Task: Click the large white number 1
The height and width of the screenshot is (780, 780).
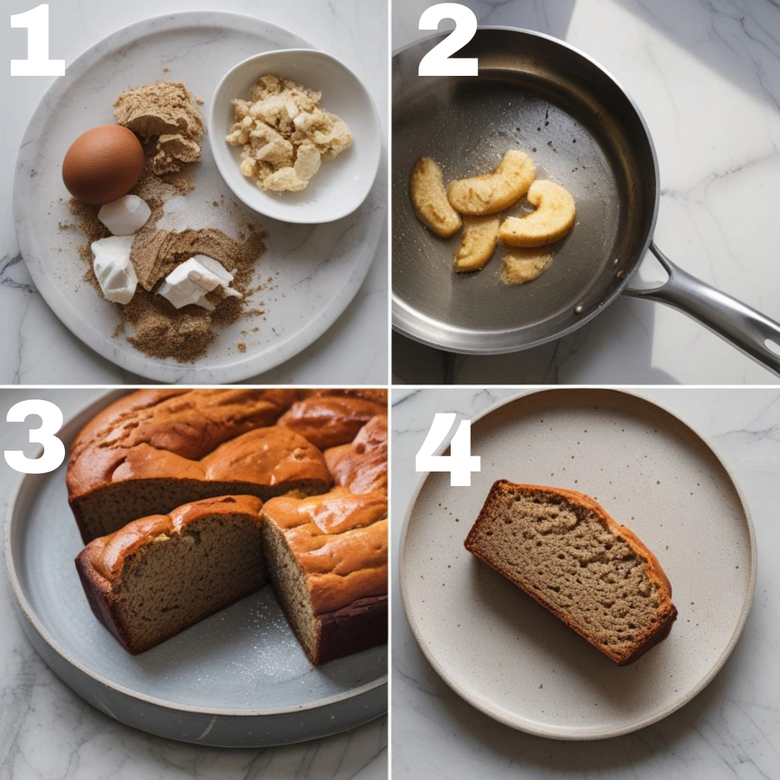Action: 38,40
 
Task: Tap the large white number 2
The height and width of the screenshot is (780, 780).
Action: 448,40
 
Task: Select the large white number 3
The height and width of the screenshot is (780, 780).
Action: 35,435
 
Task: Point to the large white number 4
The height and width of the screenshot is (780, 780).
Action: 448,449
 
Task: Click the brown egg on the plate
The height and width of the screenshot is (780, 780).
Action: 103,164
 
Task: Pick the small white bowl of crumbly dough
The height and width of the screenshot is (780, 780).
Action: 295,135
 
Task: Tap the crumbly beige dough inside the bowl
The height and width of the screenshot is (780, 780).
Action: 288,134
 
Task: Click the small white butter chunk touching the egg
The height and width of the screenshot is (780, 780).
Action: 124,214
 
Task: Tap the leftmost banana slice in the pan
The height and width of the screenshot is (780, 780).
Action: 434,197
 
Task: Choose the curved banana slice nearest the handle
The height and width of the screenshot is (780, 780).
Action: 539,214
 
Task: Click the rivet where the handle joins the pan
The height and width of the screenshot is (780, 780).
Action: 578,310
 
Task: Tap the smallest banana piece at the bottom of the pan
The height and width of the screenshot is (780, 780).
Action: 526,264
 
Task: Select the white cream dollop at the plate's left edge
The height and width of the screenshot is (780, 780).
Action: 115,269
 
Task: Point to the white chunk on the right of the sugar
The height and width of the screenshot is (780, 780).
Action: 196,282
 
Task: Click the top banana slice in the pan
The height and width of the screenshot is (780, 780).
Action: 493,183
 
